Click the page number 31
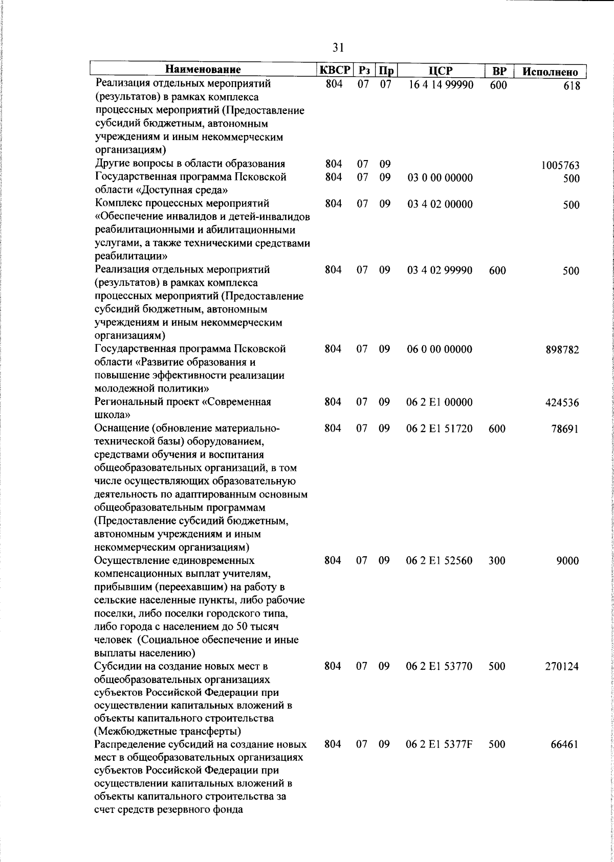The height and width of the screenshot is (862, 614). click(338, 48)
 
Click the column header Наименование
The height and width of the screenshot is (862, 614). click(203, 71)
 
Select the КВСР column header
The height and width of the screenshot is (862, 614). click(335, 71)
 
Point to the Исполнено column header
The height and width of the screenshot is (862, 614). click(550, 72)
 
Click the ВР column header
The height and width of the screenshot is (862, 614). click(499, 71)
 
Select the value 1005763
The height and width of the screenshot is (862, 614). click(560, 166)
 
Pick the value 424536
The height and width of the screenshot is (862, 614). click(562, 403)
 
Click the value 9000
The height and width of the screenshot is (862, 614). click(567, 561)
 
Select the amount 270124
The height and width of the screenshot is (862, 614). click(562, 667)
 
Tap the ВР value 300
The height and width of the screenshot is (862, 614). click(497, 561)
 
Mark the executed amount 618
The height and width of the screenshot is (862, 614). click(571, 86)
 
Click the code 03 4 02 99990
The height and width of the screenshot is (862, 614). click(440, 270)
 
